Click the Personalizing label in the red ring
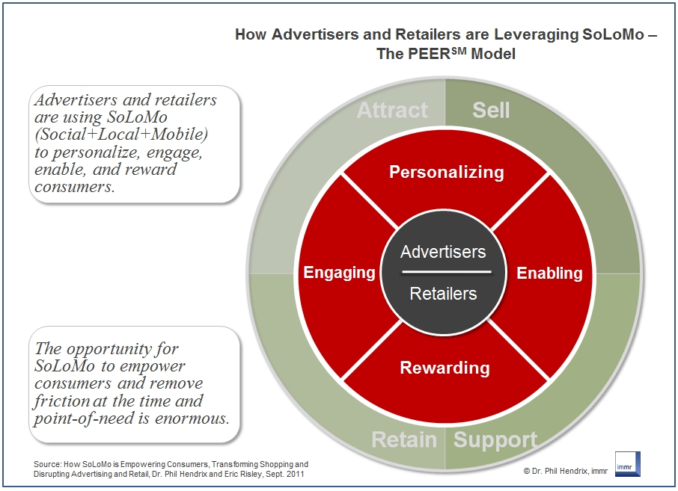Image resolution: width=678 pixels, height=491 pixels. tap(447, 172)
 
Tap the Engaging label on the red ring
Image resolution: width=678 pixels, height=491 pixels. tap(339, 273)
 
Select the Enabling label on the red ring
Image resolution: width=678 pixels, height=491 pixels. tap(549, 273)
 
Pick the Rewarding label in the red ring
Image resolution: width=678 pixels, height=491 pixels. tap(445, 368)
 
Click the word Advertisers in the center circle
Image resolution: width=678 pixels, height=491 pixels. tap(443, 252)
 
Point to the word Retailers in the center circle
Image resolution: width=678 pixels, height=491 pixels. tap(443, 294)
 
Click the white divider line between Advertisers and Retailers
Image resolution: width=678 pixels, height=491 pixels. tap(443, 272)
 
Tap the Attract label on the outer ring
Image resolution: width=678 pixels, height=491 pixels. tap(392, 111)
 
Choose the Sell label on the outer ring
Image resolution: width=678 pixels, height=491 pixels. tap(491, 111)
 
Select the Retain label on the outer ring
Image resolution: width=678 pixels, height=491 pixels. tap(405, 440)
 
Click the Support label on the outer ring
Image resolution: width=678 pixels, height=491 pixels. tap(495, 440)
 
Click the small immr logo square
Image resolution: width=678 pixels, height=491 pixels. tap(626, 463)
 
